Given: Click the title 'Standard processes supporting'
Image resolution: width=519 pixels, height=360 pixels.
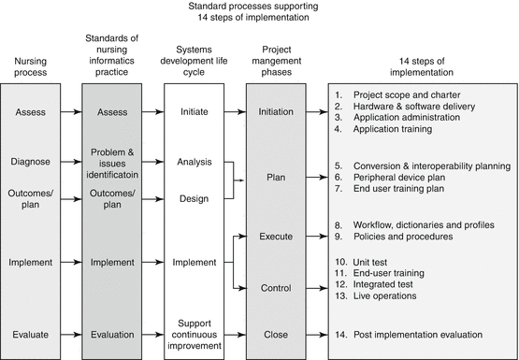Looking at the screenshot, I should tap(258, 7).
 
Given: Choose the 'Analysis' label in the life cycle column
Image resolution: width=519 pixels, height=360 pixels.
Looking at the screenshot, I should tap(195, 161).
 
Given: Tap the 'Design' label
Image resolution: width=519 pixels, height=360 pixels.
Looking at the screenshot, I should tap(195, 199).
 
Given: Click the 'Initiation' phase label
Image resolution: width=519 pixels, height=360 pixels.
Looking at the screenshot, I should tap(278, 113).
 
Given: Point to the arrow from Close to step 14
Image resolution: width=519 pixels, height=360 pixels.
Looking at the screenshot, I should tap(318, 333).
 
